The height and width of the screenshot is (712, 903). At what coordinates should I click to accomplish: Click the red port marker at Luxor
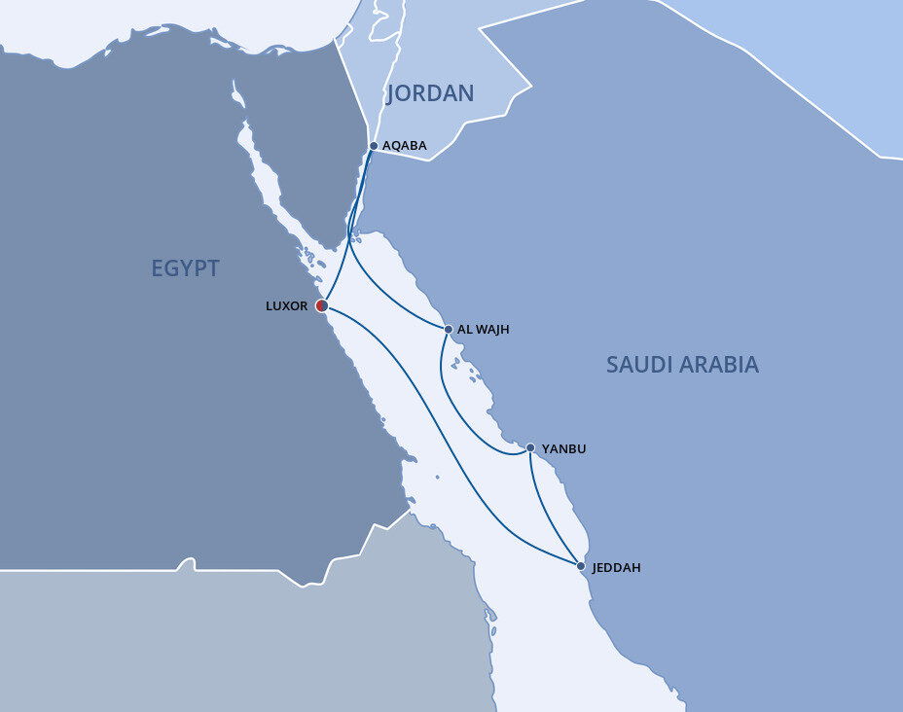322,305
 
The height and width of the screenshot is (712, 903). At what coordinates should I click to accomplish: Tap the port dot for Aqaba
374,146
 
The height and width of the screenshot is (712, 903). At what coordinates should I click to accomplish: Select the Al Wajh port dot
448,330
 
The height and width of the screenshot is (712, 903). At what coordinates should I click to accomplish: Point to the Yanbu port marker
529,448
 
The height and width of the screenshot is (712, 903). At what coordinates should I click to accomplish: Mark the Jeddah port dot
581,566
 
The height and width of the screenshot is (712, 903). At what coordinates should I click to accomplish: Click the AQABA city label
405,146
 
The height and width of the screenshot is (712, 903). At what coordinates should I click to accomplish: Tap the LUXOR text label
286,305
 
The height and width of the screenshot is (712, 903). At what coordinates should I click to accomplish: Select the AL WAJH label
484,330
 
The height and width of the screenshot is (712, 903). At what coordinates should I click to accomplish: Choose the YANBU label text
564,448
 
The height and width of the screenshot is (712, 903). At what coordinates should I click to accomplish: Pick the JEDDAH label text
617,567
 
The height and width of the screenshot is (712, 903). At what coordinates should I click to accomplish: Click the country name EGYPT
185,268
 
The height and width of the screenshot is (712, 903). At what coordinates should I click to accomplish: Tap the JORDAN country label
430,93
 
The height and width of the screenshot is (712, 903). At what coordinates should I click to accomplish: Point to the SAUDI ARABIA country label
682,365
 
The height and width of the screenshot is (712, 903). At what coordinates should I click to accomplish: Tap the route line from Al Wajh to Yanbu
457,409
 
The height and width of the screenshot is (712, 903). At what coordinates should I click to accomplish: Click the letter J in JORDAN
391,94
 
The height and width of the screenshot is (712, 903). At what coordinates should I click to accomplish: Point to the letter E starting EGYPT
158,268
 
